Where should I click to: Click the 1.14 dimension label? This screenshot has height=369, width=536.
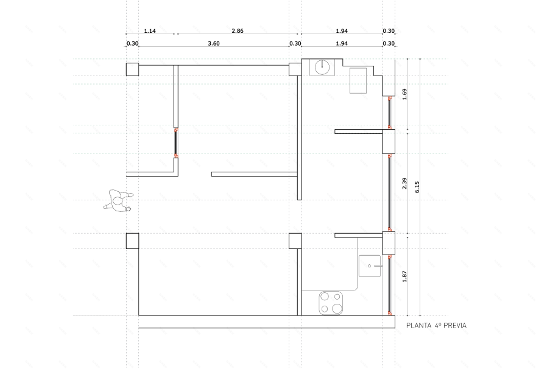[150, 31]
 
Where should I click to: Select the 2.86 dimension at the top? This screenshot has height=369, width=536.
[238, 30]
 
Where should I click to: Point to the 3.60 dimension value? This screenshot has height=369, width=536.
[214, 43]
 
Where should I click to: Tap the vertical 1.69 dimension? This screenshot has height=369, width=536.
[404, 94]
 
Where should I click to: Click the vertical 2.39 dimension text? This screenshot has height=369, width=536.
[404, 183]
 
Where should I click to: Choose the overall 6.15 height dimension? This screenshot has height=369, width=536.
[417, 187]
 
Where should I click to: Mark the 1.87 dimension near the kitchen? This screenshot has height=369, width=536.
[404, 276]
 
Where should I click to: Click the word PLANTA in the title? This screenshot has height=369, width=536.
[419, 326]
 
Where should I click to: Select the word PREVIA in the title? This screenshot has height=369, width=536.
[455, 326]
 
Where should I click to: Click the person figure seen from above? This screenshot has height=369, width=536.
[118, 201]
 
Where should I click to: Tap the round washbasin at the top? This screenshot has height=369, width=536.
[322, 67]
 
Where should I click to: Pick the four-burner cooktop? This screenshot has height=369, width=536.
[331, 303]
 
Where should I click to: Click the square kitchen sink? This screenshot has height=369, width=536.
[370, 266]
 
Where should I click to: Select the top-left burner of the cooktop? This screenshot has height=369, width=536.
[325, 296]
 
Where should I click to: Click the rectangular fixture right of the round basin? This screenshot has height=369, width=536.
[358, 80]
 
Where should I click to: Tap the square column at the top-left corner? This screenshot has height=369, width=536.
[133, 69]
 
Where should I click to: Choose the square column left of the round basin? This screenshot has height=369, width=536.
[295, 69]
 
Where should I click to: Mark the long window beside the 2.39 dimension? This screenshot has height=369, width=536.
[389, 192]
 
